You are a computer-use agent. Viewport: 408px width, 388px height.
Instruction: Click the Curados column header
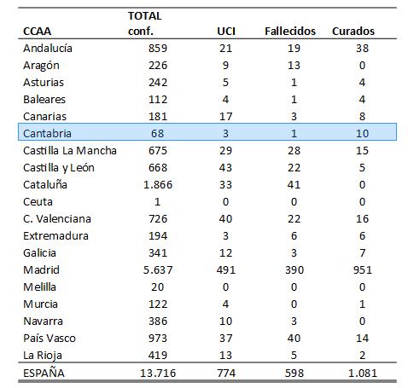pyautogui.click(x=353, y=31)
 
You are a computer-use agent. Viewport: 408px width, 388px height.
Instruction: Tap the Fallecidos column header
pyautogui.click(x=290, y=31)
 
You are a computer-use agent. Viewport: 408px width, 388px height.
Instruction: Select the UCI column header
pyautogui.click(x=226, y=31)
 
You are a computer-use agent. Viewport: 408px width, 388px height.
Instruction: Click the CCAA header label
pyautogui.click(x=37, y=31)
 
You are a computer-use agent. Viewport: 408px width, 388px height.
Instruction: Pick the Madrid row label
pyautogui.click(x=41, y=269)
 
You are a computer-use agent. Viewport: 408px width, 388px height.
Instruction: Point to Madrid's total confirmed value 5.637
pyautogui.click(x=158, y=269)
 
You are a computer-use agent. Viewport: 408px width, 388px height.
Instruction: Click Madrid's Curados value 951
pyautogui.click(x=362, y=269)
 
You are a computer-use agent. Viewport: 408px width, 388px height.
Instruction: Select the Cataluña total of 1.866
pyautogui.click(x=158, y=184)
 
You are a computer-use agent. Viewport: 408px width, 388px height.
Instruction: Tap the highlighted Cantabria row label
pyautogui.click(x=47, y=133)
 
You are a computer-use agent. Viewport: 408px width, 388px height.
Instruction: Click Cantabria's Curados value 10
pyautogui.click(x=362, y=133)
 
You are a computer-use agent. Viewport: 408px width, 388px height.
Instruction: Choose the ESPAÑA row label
pyautogui.click(x=44, y=373)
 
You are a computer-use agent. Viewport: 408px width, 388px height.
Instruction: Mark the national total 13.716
pyautogui.click(x=158, y=373)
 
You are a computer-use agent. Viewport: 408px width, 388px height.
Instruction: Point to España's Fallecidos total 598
pyautogui.click(x=294, y=373)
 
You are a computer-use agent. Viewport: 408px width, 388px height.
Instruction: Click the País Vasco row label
pyautogui.click(x=50, y=338)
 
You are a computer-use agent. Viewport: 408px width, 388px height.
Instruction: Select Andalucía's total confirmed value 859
pyautogui.click(x=158, y=48)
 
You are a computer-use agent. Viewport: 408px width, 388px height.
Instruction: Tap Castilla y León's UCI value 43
pyautogui.click(x=225, y=167)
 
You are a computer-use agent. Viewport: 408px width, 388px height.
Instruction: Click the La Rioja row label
pyautogui.click(x=43, y=356)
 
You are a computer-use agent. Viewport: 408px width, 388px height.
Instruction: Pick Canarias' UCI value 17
pyautogui.click(x=225, y=116)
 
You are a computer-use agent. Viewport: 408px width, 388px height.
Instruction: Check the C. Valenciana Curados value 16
pyautogui.click(x=362, y=218)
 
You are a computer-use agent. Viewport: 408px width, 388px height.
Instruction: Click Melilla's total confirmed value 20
pyautogui.click(x=158, y=287)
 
